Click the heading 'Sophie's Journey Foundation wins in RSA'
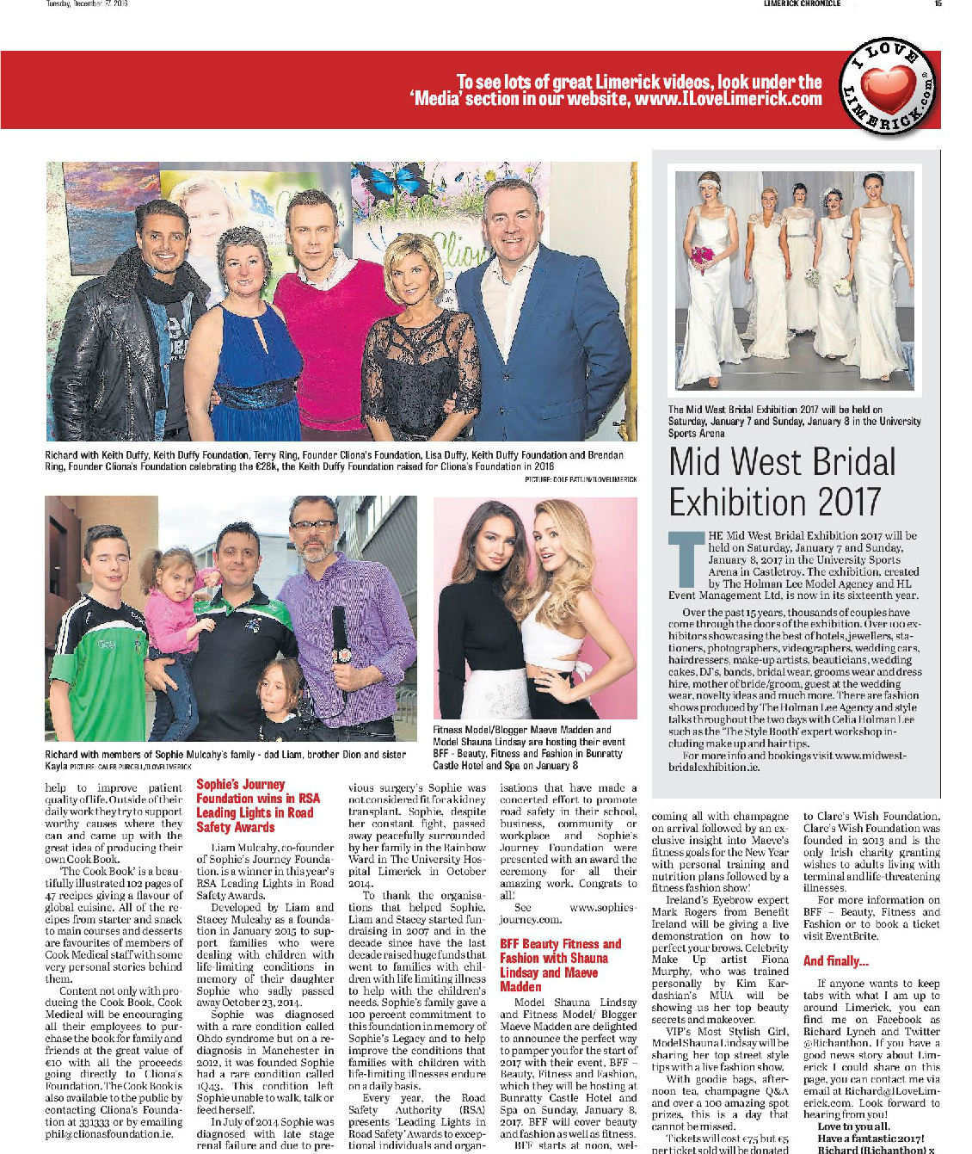point(257,805)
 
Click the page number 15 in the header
point(938,4)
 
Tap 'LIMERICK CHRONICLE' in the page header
point(802,4)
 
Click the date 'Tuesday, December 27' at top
point(86,4)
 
